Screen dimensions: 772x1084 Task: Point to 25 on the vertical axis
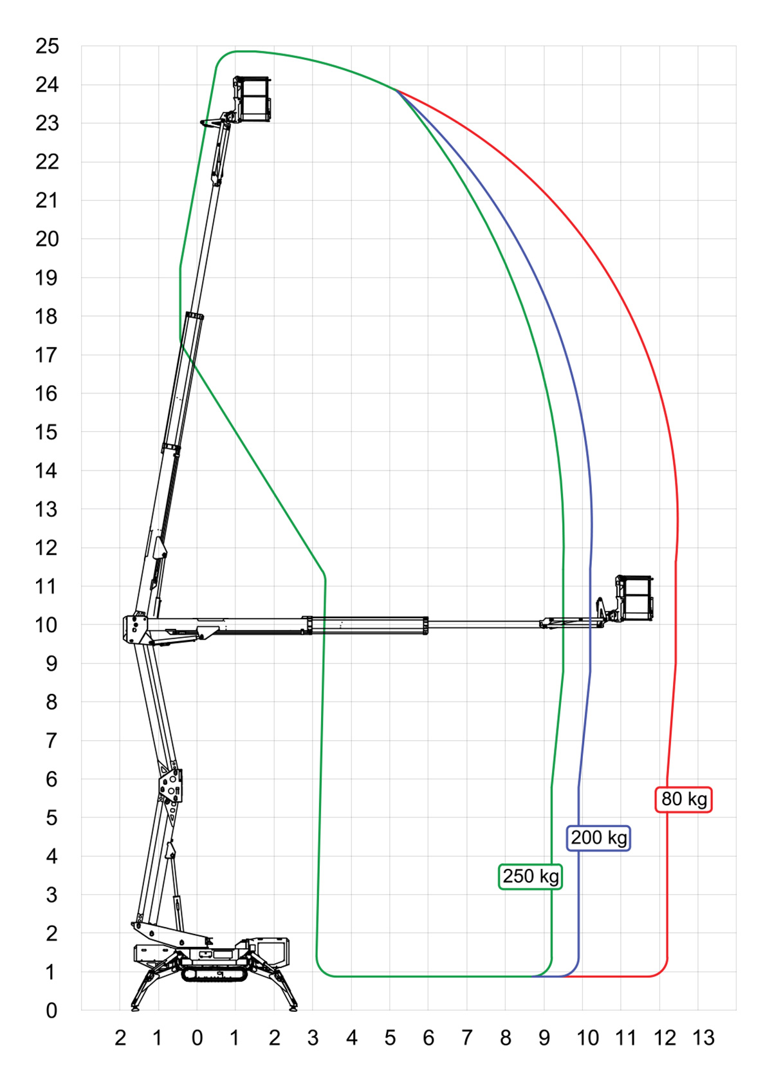pyautogui.click(x=47, y=46)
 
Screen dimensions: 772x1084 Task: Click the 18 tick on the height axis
pyautogui.click(x=46, y=317)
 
